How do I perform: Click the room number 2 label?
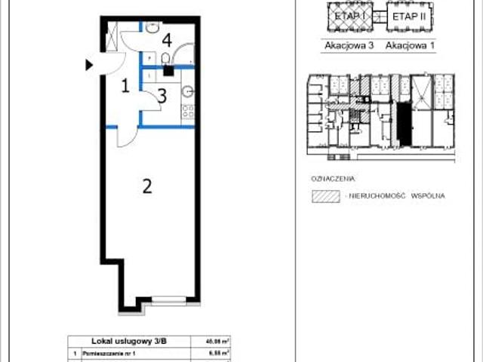coord(148,186)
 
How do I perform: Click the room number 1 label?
coord(126,86)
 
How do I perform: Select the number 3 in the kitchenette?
coord(162,96)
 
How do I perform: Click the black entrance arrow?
coord(90,66)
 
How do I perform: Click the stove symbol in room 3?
coord(186,112)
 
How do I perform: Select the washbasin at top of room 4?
coord(152,29)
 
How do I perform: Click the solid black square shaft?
coord(168,72)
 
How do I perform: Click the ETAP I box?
coord(343,16)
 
